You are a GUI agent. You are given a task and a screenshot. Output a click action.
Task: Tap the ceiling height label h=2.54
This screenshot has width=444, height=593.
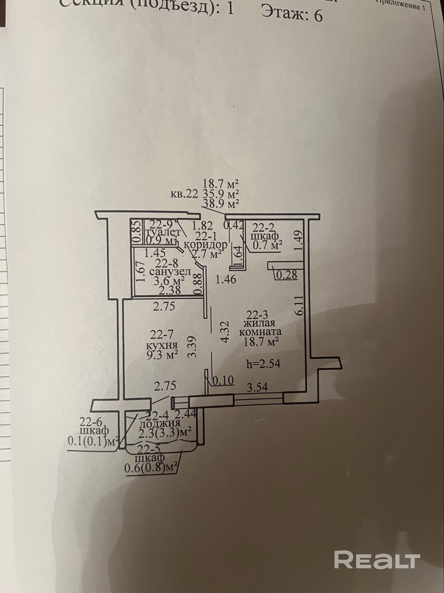[263, 364]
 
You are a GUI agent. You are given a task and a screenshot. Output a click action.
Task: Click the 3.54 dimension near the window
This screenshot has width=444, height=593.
[258, 387]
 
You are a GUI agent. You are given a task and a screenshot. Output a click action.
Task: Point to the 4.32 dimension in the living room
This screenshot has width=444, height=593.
[225, 332]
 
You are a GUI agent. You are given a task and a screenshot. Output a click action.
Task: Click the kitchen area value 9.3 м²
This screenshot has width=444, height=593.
[162, 354]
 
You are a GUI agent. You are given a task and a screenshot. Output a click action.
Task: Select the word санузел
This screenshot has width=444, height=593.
[170, 272]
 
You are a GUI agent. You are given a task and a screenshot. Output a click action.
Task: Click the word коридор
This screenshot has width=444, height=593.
[206, 245]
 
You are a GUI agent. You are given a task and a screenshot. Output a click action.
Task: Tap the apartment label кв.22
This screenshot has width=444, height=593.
[184, 194]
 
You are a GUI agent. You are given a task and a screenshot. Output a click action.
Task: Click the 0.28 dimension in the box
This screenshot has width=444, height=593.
[286, 275]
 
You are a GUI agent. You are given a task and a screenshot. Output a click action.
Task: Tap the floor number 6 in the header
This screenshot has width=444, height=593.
[318, 15]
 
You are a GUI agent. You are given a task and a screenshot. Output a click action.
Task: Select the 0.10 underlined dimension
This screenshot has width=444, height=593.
[222, 380]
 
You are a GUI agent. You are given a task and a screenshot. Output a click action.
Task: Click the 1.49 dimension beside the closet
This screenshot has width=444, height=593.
[299, 241]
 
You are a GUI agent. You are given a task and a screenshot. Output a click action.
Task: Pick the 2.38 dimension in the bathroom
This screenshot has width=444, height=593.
[170, 290]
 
